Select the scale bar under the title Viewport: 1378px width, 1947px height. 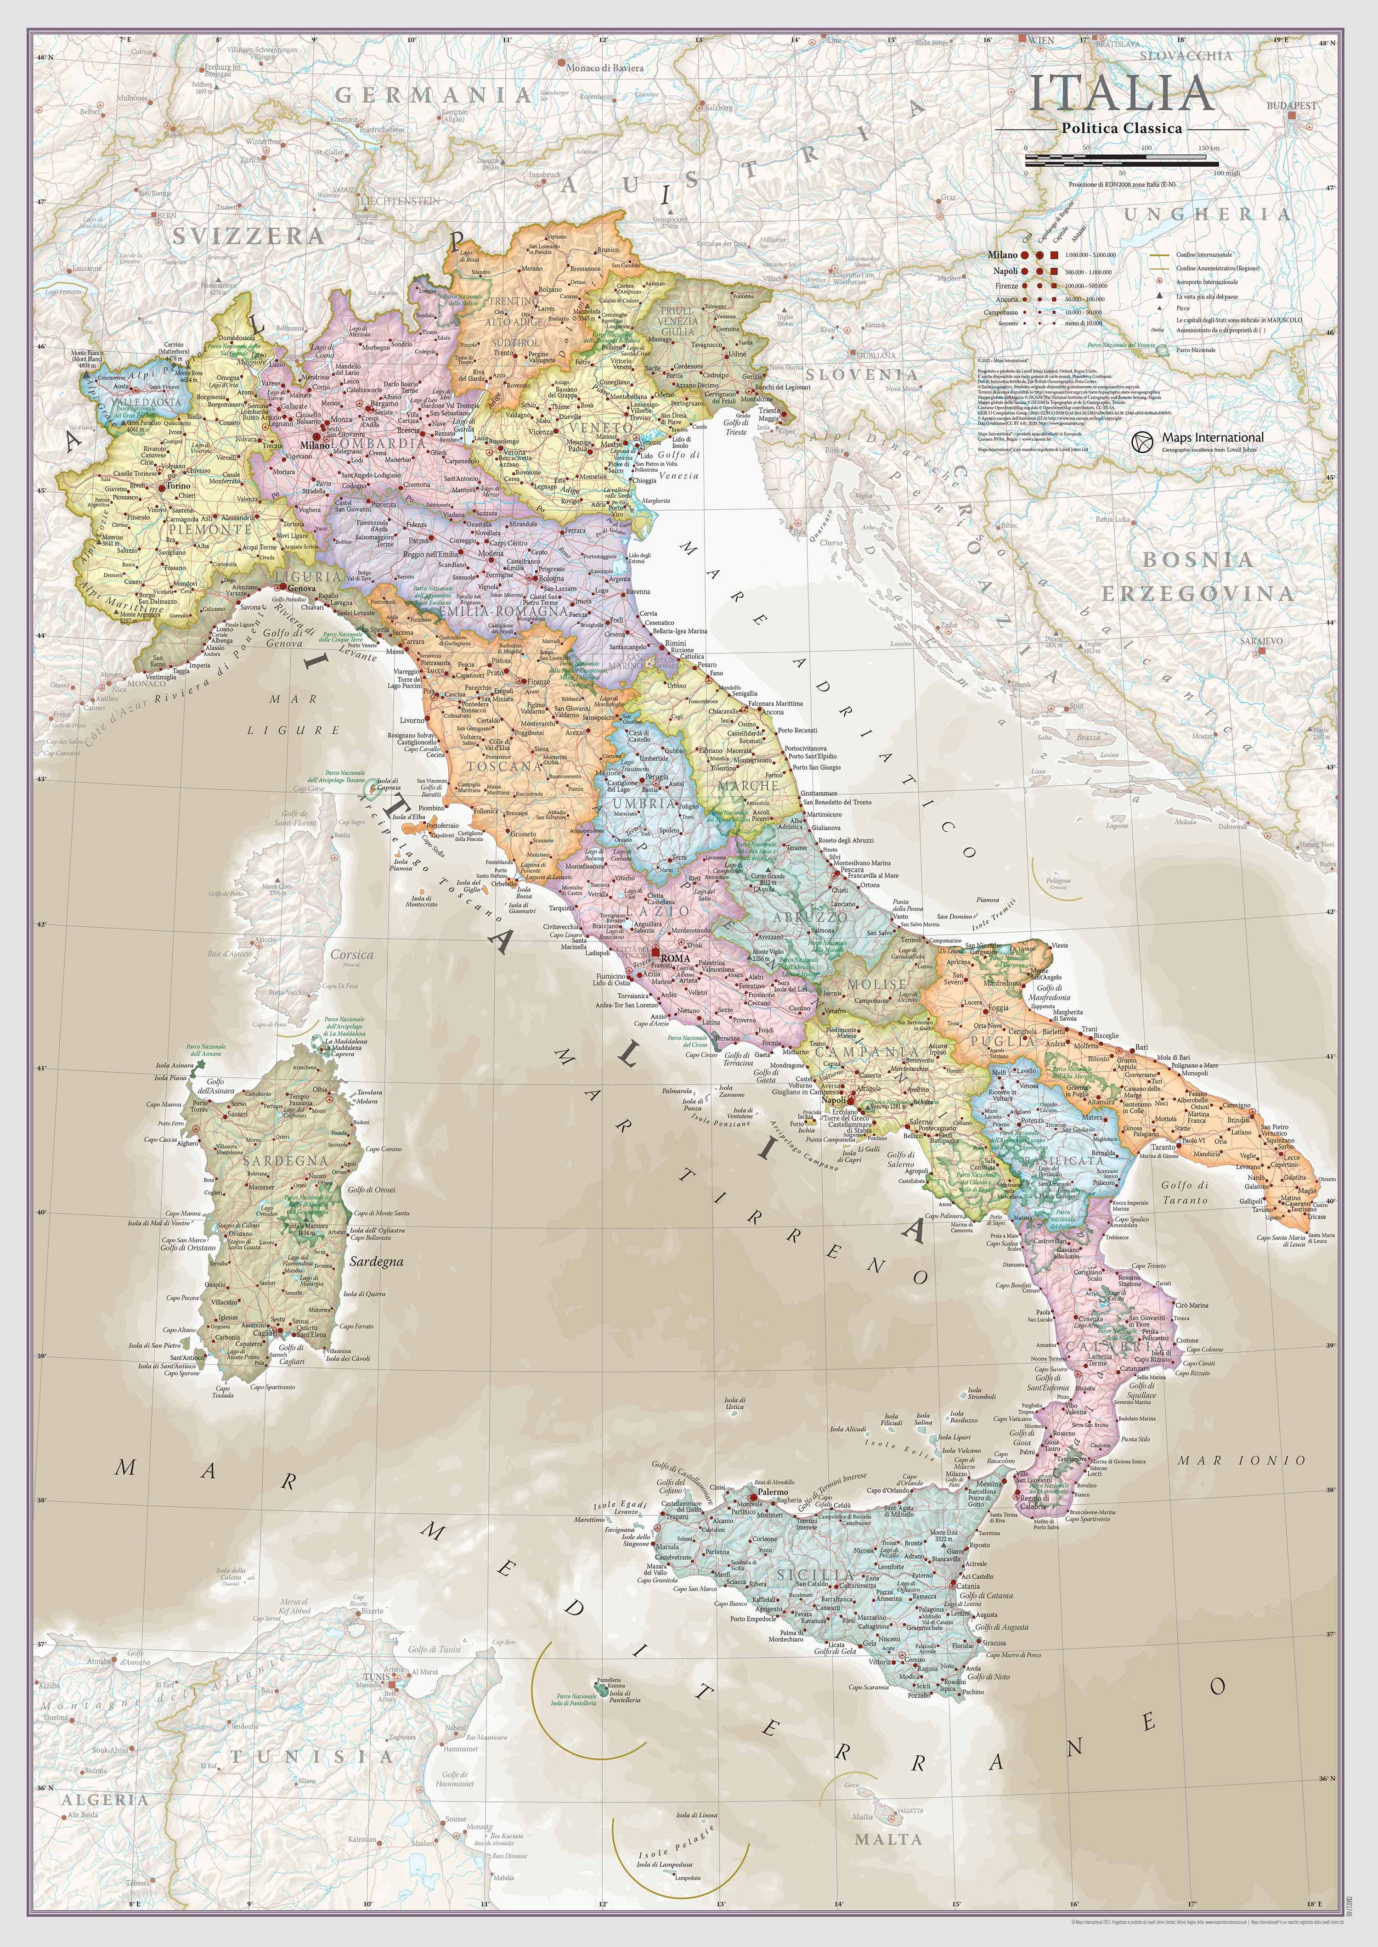click(1122, 158)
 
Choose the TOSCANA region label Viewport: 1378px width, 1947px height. click(505, 765)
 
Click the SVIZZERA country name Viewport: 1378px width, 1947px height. click(248, 236)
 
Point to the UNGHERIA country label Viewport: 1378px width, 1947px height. click(1207, 214)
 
